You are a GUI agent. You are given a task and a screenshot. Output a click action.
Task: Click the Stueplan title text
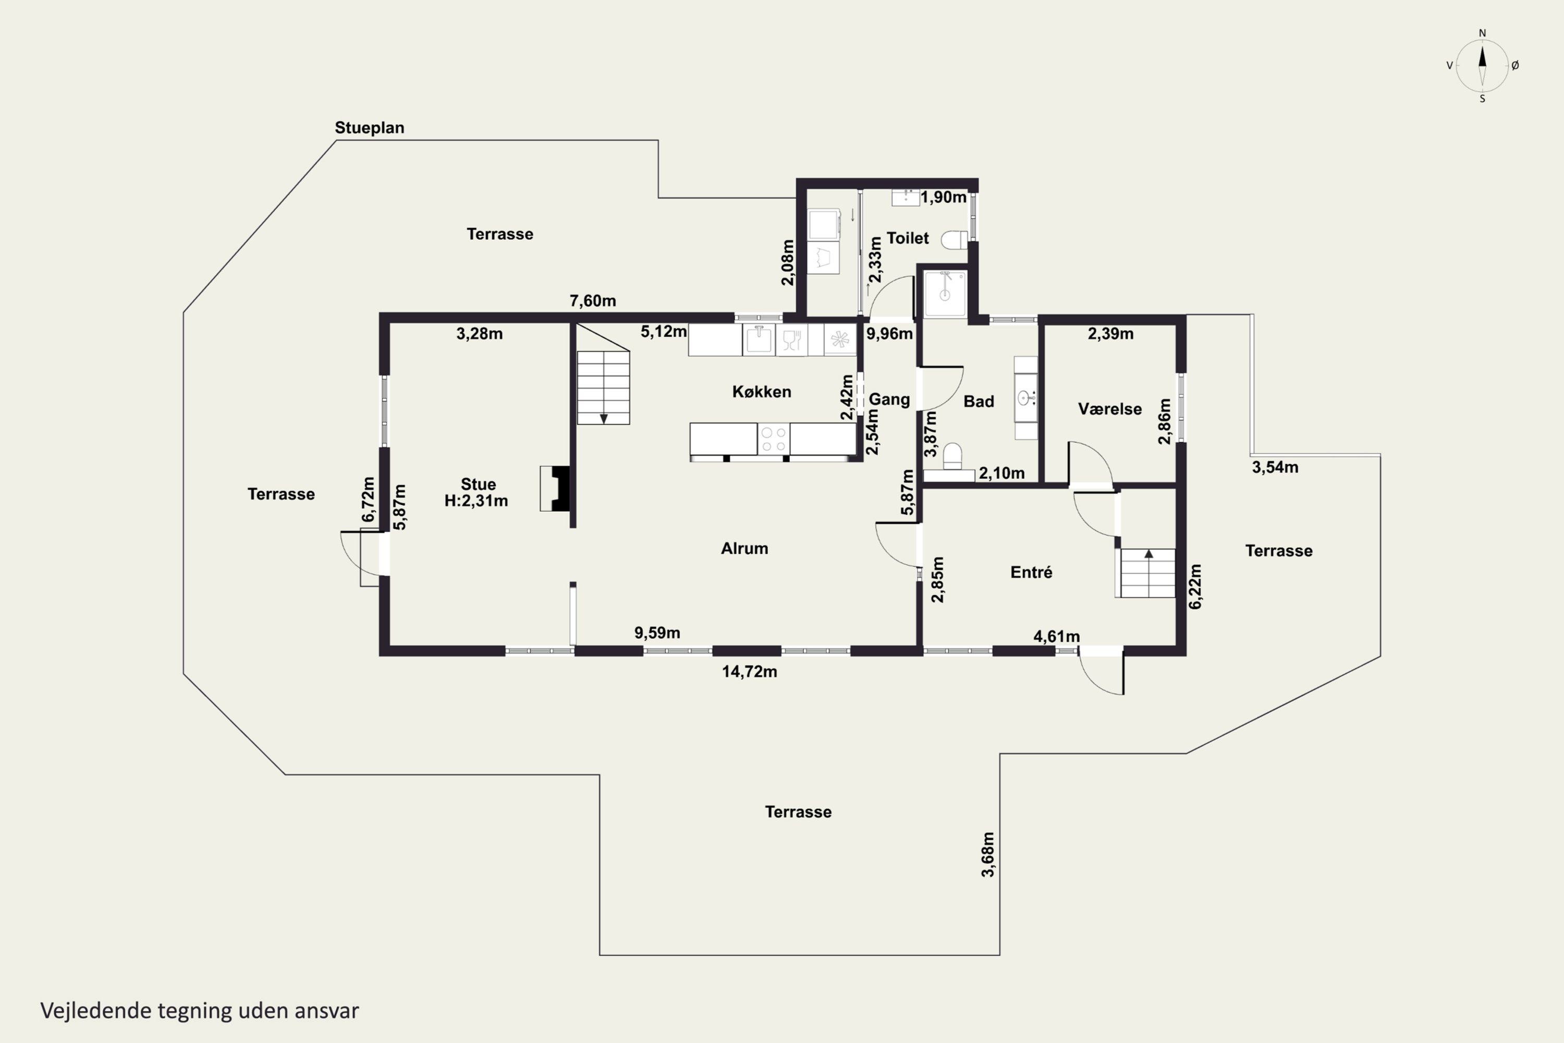[x=369, y=128]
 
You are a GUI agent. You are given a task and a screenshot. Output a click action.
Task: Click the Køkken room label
[x=761, y=392]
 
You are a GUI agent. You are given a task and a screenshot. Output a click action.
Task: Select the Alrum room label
[x=744, y=548]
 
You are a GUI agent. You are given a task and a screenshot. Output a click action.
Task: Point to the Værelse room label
[x=1110, y=409]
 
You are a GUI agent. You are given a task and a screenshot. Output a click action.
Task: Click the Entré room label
[x=1031, y=572]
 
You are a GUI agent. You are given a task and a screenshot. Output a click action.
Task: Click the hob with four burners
[x=773, y=439]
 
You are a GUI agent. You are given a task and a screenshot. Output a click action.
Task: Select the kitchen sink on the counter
[x=758, y=339]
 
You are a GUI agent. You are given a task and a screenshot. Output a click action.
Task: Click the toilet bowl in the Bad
[x=952, y=456]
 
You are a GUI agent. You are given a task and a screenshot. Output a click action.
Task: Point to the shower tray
[x=945, y=293]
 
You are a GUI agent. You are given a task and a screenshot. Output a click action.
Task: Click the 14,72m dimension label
[x=750, y=672]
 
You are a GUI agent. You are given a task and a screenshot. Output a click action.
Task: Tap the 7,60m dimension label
[x=592, y=301]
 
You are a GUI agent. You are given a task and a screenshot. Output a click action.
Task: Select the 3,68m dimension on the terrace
[x=988, y=855]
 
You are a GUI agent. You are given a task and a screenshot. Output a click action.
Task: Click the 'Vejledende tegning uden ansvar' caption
[x=200, y=1011]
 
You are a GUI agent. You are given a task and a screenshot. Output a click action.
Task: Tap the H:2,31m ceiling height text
[x=476, y=501]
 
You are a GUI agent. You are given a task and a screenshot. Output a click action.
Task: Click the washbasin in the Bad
[x=1025, y=398]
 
